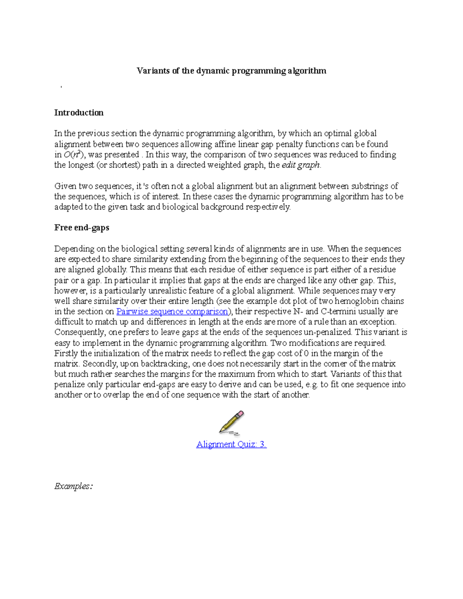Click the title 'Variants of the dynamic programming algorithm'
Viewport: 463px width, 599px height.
click(x=231, y=71)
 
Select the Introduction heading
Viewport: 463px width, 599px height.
click(x=79, y=113)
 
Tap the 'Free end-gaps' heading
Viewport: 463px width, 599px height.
click(x=82, y=228)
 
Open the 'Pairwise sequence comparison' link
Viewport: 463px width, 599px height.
click(x=172, y=311)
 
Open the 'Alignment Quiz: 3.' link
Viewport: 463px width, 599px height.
click(x=231, y=444)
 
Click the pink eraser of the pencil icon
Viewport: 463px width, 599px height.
click(x=240, y=414)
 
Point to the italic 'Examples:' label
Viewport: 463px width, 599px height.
click(x=73, y=486)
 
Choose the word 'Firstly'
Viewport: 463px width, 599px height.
click(x=66, y=353)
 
